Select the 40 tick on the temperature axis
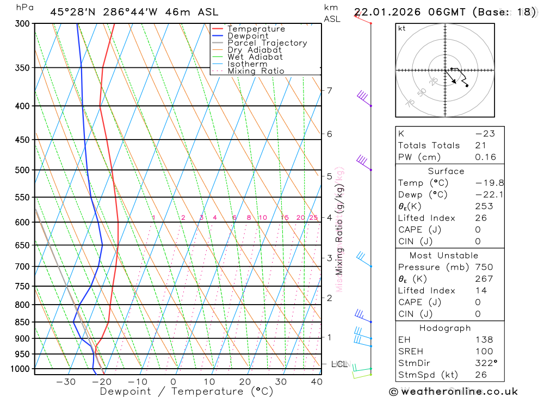click(316, 382)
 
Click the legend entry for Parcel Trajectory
click(267, 43)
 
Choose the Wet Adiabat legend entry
click(255, 57)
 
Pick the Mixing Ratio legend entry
click(256, 71)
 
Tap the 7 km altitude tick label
click(329, 90)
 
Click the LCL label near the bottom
click(338, 364)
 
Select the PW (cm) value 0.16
click(485, 157)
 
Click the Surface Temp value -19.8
click(482, 183)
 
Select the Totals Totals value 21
click(480, 146)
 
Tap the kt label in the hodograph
click(402, 29)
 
